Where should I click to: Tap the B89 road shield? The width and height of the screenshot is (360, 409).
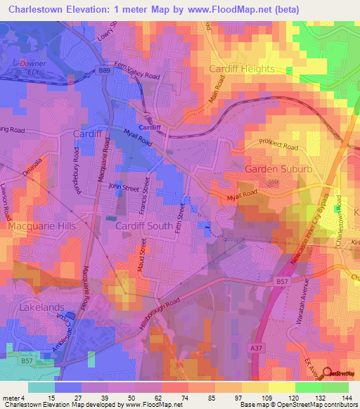click(105, 71)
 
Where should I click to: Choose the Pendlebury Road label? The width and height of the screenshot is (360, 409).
click(79, 171)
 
